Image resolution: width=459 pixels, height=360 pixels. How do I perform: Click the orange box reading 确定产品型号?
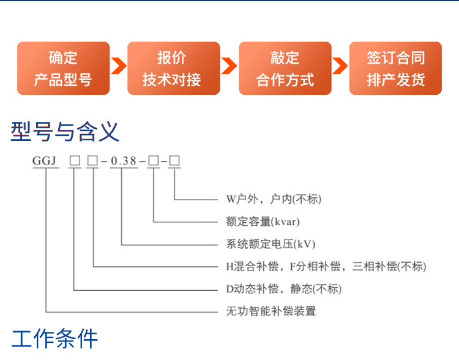pyautogui.click(x=63, y=68)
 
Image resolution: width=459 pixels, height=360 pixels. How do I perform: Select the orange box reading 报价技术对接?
pyautogui.click(x=173, y=68)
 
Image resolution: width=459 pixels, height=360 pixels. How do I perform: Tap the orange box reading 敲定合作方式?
pyautogui.click(x=285, y=68)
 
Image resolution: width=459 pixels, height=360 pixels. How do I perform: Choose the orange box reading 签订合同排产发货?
pyautogui.click(x=395, y=68)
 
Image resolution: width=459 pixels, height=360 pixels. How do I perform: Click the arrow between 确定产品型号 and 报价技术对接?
pyautogui.click(x=118, y=66)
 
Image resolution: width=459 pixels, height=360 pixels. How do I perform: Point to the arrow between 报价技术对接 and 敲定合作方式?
pyautogui.click(x=229, y=66)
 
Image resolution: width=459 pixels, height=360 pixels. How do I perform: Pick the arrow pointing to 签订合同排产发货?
pyautogui.click(x=340, y=66)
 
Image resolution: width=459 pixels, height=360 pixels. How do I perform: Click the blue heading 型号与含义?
pyautogui.click(x=65, y=132)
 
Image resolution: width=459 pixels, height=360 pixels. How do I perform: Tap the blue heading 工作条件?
pyautogui.click(x=54, y=338)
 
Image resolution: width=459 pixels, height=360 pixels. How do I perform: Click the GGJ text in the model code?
pyautogui.click(x=44, y=162)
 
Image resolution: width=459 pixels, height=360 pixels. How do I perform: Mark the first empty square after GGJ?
pyautogui.click(x=75, y=162)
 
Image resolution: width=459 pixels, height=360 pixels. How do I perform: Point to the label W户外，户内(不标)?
pyautogui.click(x=274, y=199)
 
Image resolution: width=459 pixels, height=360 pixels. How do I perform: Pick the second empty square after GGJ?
pyautogui.click(x=92, y=162)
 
